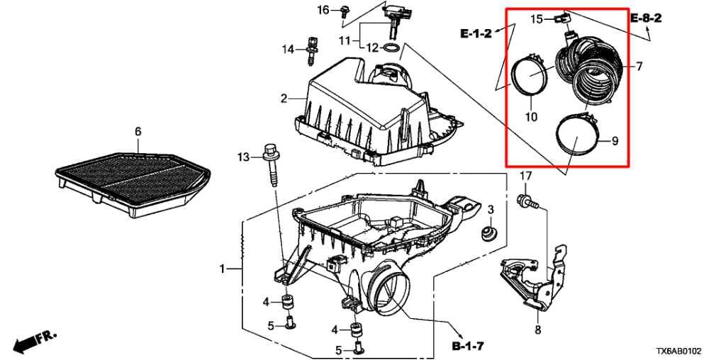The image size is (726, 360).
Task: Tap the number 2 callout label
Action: (x=284, y=98)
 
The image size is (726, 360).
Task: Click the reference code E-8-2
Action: (x=646, y=18)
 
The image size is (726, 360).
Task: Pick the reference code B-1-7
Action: (x=469, y=344)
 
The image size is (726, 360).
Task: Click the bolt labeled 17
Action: (x=527, y=202)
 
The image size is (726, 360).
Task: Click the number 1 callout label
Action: (x=222, y=269)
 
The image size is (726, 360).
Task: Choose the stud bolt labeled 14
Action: (x=311, y=50)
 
